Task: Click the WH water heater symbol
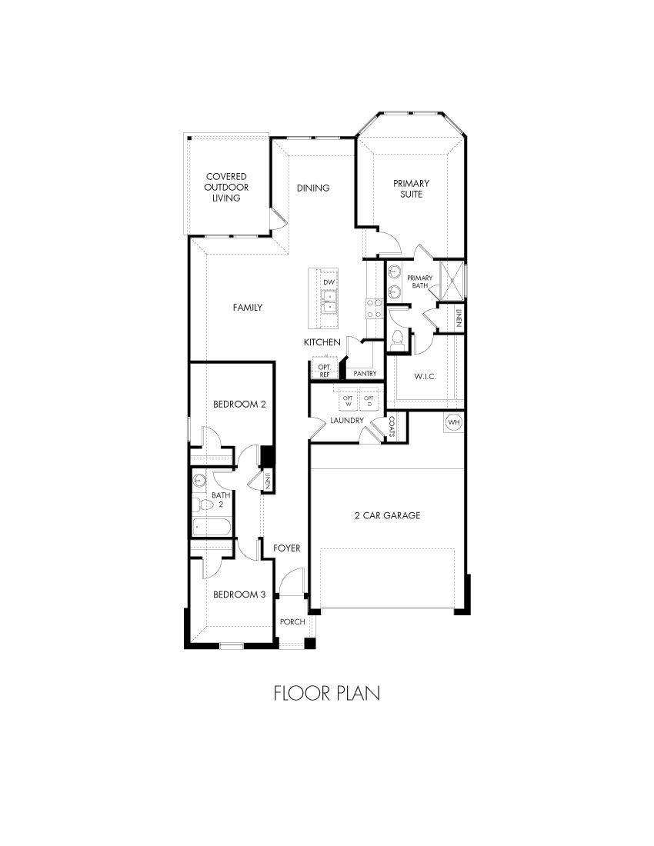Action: click(453, 422)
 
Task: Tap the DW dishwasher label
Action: click(329, 282)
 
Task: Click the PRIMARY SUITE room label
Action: click(411, 188)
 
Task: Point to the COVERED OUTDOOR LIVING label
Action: click(226, 187)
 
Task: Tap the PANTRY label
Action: click(365, 374)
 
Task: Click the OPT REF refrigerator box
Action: click(325, 370)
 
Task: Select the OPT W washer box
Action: click(347, 401)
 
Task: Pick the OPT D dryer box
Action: click(369, 401)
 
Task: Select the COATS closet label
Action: click(392, 426)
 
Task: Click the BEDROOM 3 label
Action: click(239, 595)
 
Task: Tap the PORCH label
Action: click(292, 621)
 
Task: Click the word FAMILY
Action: click(248, 308)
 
